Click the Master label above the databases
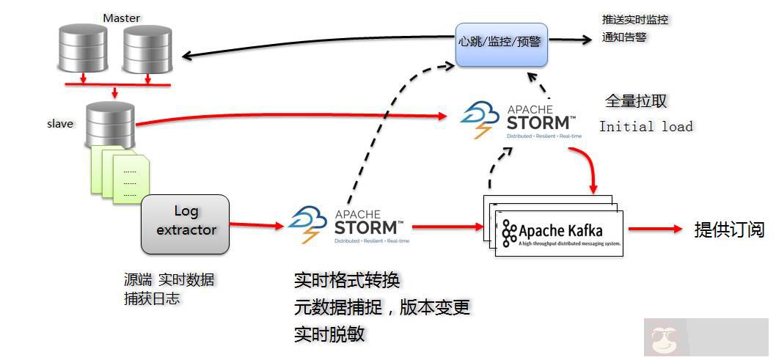point(121,18)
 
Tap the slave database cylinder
point(110,124)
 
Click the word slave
point(60,124)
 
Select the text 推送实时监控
point(634,20)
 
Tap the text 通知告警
point(623,37)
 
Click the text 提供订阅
point(729,229)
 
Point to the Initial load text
point(645,126)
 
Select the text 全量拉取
point(636,101)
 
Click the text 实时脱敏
point(329,334)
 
